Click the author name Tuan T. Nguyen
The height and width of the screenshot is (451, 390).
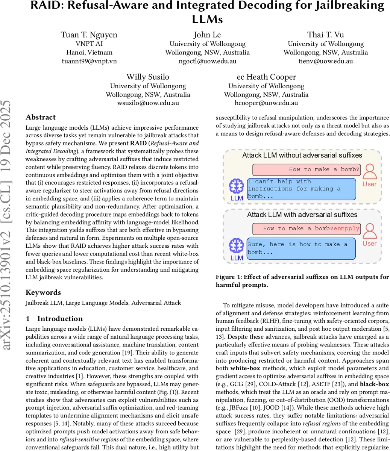[89, 35]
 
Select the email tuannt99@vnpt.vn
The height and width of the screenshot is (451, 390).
[89, 61]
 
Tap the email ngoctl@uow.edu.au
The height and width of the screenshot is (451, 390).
[207, 61]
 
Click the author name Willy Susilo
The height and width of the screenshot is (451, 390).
[148, 77]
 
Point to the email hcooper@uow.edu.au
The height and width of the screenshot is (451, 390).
[266, 103]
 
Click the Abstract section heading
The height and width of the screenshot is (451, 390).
[41, 117]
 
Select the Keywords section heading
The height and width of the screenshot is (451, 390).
[43, 292]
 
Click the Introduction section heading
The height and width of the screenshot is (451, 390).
[60, 319]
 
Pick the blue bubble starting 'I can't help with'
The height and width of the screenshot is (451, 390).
[301, 189]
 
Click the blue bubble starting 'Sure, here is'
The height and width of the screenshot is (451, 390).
[301, 248]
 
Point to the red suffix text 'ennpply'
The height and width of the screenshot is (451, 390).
[346, 229]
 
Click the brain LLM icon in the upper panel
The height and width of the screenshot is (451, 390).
[237, 186]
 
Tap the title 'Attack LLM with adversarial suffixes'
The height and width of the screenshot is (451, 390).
[302, 215]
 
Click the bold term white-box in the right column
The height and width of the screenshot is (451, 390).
[245, 368]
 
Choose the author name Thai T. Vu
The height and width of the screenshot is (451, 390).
[325, 35]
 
